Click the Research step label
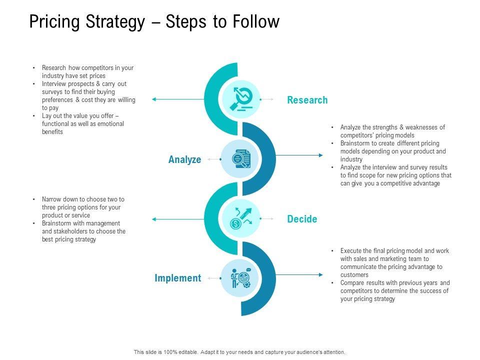point(307,100)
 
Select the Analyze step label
point(184,160)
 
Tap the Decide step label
point(302,219)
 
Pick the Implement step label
point(177,278)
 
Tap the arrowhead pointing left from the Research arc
point(154,99)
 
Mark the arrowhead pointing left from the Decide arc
point(154,219)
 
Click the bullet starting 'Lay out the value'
point(82,123)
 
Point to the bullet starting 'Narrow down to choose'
point(82,207)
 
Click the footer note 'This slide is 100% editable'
point(239,352)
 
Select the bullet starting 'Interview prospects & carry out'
point(88,95)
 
